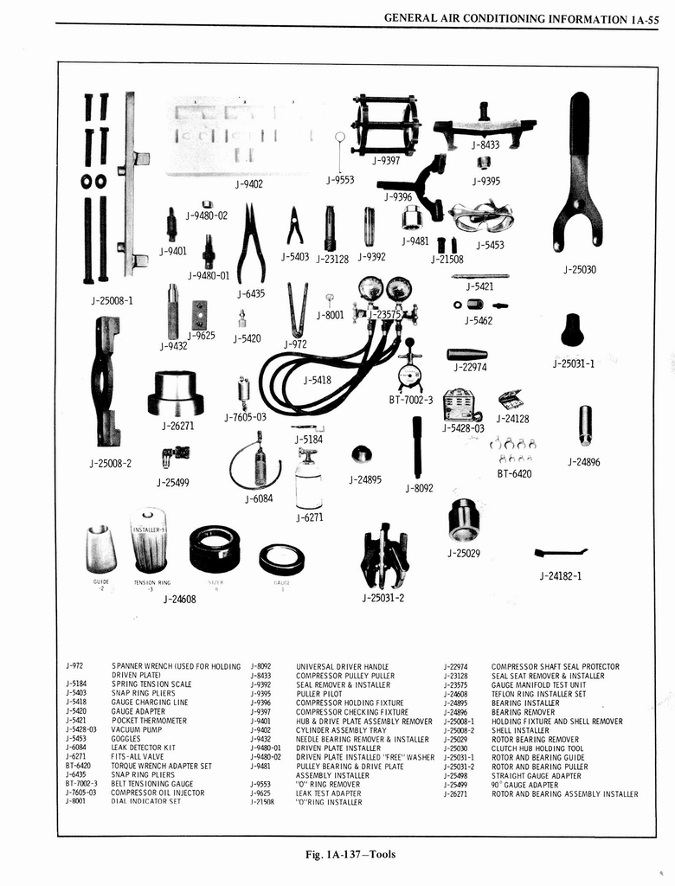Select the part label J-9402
(x=249, y=183)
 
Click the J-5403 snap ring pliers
(x=295, y=226)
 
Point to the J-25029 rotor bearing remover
(x=464, y=519)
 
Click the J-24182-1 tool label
(x=560, y=575)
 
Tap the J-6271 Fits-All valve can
(x=308, y=480)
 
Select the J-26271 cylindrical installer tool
(x=176, y=393)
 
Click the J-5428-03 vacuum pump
(x=462, y=404)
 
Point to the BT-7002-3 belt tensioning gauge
(x=409, y=369)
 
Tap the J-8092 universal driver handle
(x=417, y=446)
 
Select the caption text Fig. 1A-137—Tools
(x=350, y=855)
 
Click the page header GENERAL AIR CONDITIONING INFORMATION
(x=505, y=18)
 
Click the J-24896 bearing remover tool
(x=585, y=425)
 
